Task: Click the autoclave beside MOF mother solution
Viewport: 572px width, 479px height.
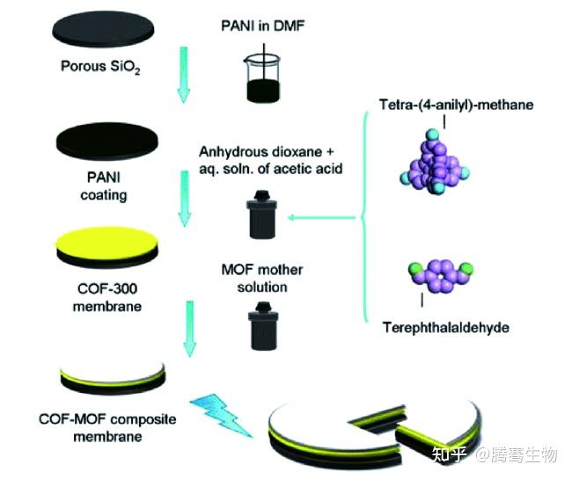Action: point(262,323)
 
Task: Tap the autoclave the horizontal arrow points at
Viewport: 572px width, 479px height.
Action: point(260,215)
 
